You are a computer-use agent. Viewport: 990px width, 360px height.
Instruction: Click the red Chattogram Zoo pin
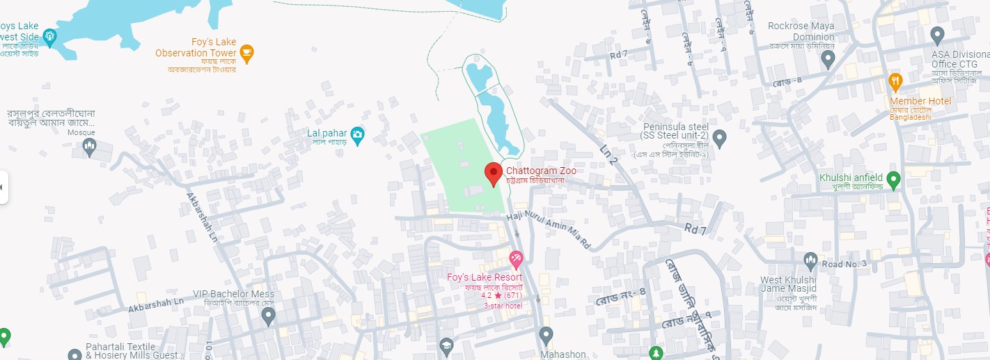[494, 173]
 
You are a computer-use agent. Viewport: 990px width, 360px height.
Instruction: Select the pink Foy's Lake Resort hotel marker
[516, 260]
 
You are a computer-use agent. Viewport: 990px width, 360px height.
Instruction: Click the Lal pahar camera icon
[357, 134]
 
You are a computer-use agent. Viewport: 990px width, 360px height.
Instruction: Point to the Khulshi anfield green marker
[894, 178]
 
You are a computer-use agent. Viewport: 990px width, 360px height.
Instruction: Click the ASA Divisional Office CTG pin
[937, 34]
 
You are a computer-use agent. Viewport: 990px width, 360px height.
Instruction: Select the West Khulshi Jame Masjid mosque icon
[810, 261]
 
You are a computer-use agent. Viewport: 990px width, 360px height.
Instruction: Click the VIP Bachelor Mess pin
[269, 316]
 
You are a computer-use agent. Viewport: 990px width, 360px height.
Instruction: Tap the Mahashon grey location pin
[547, 335]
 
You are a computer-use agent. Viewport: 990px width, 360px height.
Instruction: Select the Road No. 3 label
[844, 263]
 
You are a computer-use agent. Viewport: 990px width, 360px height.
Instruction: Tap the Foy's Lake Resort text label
[485, 277]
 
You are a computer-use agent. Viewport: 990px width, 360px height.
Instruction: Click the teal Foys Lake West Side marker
[49, 36]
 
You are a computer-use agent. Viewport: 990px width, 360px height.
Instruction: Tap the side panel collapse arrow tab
[3, 187]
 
